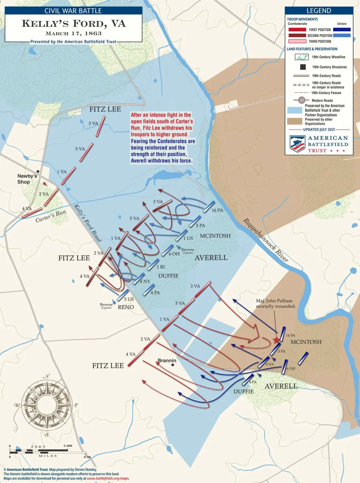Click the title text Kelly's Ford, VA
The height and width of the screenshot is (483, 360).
point(74,24)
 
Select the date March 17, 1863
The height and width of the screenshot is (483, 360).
point(73,33)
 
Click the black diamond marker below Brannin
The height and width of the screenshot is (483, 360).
point(173,365)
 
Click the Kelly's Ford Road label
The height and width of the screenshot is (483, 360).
point(88,223)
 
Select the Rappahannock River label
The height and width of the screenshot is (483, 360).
point(265,240)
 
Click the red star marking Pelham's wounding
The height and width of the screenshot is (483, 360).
point(276,340)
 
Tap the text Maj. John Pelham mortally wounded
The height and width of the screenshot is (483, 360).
point(275,303)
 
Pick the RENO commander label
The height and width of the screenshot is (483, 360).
point(126,307)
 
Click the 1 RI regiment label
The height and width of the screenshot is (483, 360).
point(161,267)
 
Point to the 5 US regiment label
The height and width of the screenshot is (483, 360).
point(129,299)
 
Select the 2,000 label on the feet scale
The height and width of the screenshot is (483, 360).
point(68,446)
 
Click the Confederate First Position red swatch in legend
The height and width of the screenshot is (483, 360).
point(297,30)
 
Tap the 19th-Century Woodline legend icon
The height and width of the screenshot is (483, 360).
point(301,57)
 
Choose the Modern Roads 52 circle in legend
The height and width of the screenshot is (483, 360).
point(301,100)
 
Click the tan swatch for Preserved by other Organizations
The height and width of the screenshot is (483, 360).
point(294,121)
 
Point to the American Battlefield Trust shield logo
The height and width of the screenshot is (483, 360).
point(297,144)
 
